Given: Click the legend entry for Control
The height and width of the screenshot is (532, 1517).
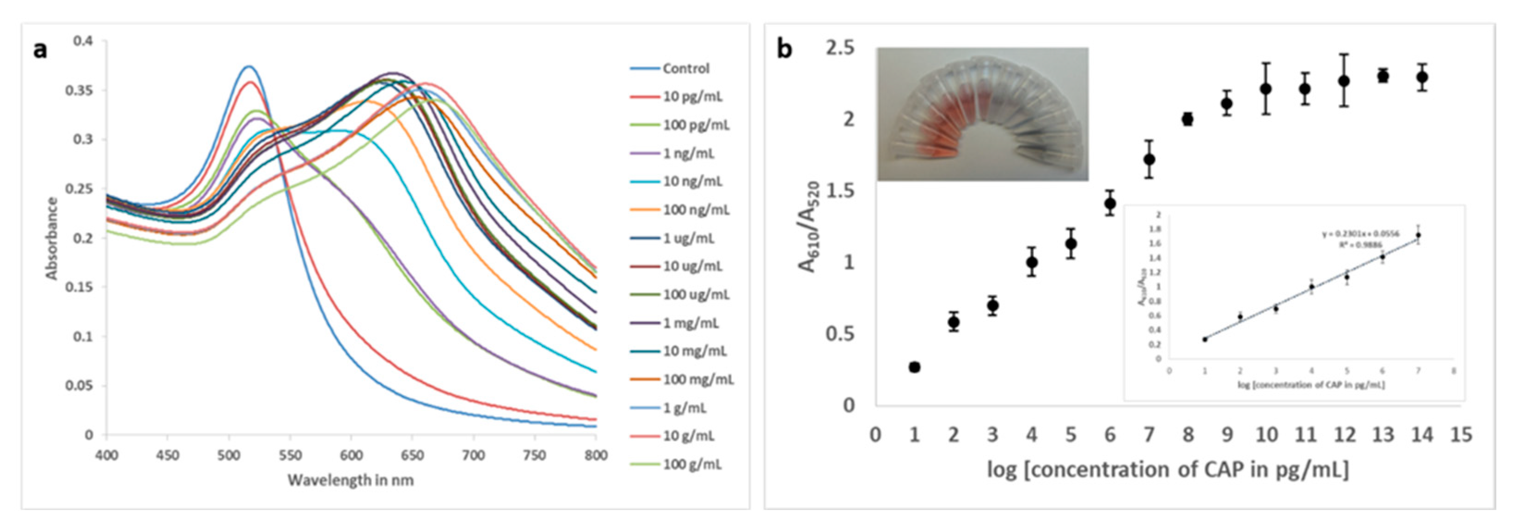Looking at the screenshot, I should pos(685,68).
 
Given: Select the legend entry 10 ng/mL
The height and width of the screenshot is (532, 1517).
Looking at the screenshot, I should pos(692,181).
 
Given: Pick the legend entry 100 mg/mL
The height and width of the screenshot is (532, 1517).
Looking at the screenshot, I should pos(698,379).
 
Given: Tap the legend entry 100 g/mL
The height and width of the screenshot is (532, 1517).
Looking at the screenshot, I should pos(692,464).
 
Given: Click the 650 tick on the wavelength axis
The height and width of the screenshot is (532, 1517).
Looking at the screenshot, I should pos(412,455).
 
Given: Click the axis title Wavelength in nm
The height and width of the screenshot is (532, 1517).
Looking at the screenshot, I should pos(351,481).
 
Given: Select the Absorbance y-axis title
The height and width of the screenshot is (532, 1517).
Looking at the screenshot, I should pos(52,238).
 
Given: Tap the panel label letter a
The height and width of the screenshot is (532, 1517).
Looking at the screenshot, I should pos(40,49).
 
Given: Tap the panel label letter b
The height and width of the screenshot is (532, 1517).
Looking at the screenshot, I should pos(784,48).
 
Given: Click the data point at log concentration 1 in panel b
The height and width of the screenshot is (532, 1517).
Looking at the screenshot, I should pos(914,367).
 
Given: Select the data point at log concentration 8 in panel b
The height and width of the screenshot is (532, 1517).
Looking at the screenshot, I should pos(1187,119).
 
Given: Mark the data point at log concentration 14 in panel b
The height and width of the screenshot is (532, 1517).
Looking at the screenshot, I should pos(1422,77).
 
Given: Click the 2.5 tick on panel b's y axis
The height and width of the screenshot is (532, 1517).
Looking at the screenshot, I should pos(840,48).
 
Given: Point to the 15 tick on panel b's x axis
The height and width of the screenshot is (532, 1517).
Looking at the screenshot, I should pos(1461,435).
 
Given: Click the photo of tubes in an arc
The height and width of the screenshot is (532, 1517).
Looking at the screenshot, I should pos(982,114).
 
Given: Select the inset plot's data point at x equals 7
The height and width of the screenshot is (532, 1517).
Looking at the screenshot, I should pos(1418,235).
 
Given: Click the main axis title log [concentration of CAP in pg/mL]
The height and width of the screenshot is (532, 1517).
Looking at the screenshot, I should pos(1168,470).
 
